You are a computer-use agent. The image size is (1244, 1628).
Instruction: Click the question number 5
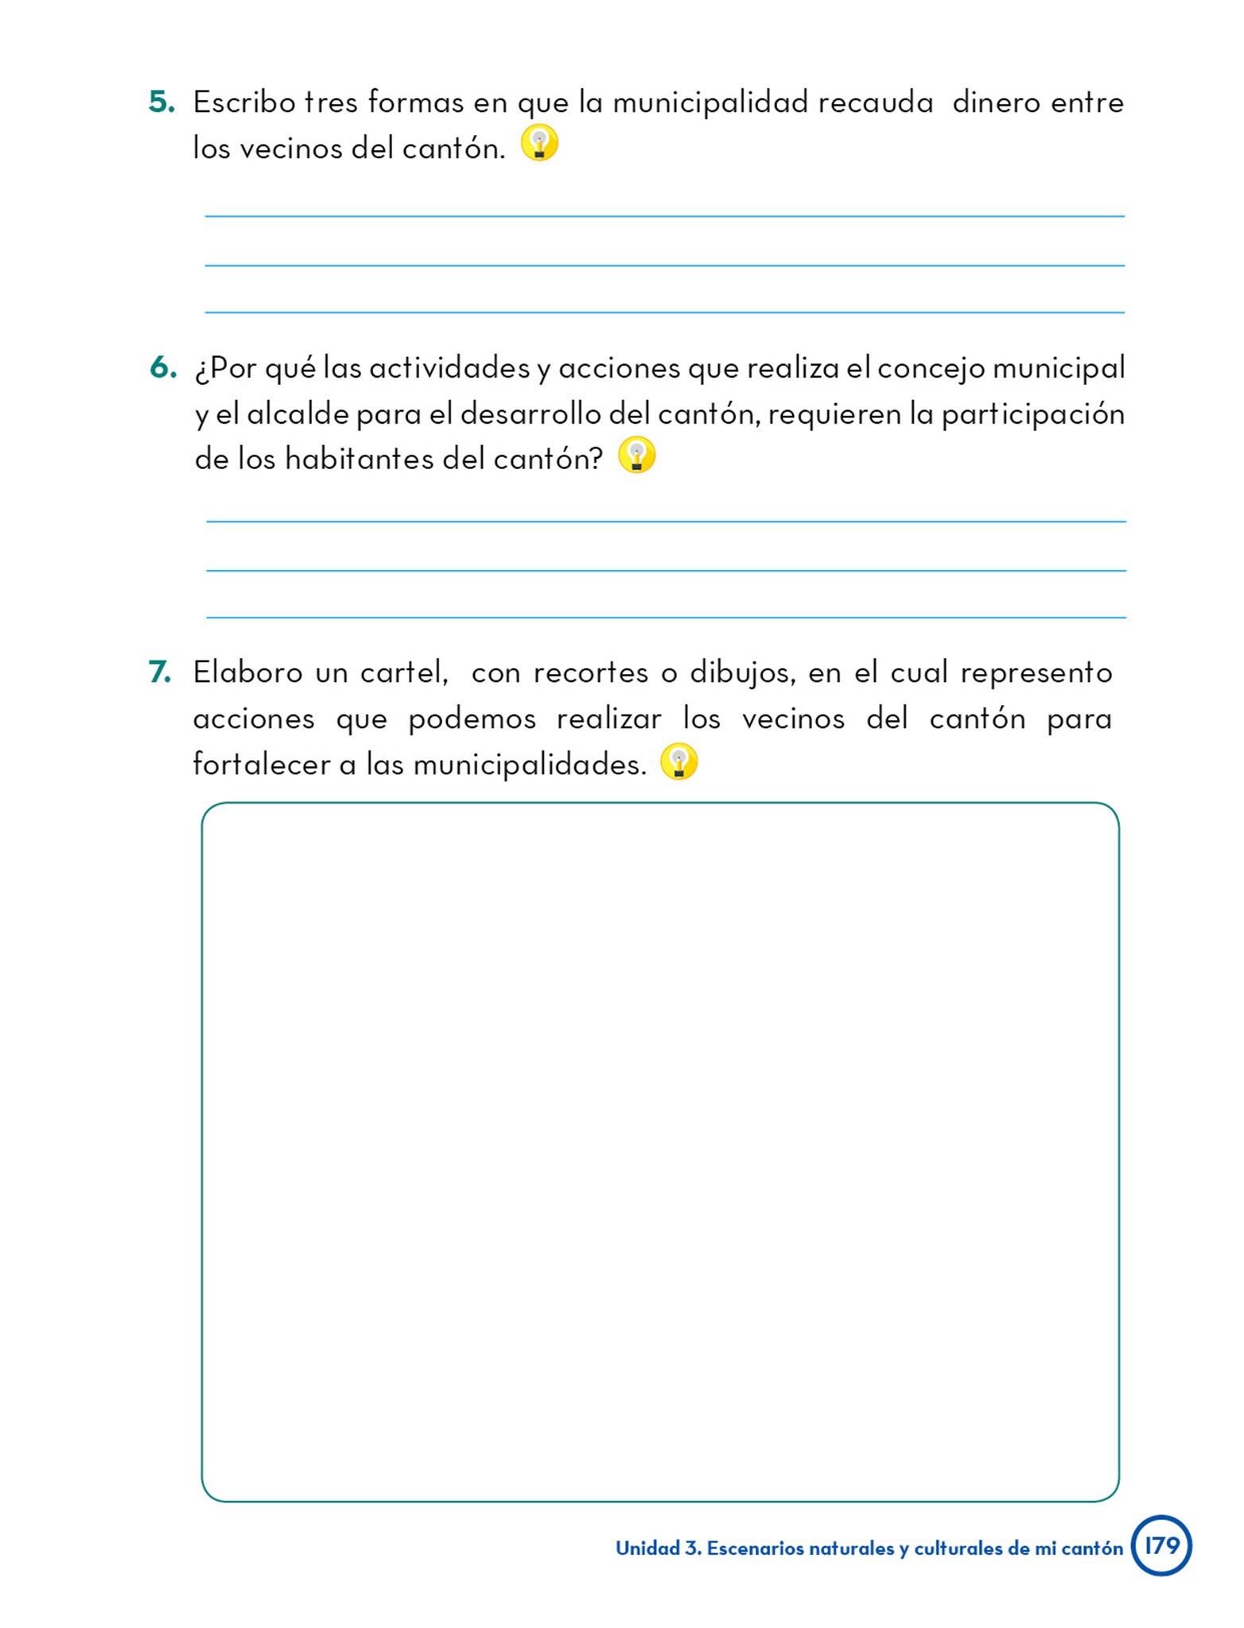[x=161, y=103]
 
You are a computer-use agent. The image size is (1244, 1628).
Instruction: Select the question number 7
[x=160, y=673]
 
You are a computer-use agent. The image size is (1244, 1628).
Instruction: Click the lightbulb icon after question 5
[x=539, y=144]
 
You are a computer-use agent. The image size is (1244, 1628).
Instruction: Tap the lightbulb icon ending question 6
[x=636, y=455]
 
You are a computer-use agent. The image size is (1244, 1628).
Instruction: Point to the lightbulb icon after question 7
[x=678, y=762]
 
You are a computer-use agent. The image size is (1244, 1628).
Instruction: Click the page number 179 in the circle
[x=1161, y=1545]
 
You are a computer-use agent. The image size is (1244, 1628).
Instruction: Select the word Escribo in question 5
[x=243, y=103]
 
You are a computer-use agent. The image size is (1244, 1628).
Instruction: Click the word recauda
[x=875, y=103]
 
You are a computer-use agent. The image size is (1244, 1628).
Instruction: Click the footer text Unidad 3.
[x=659, y=1549]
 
